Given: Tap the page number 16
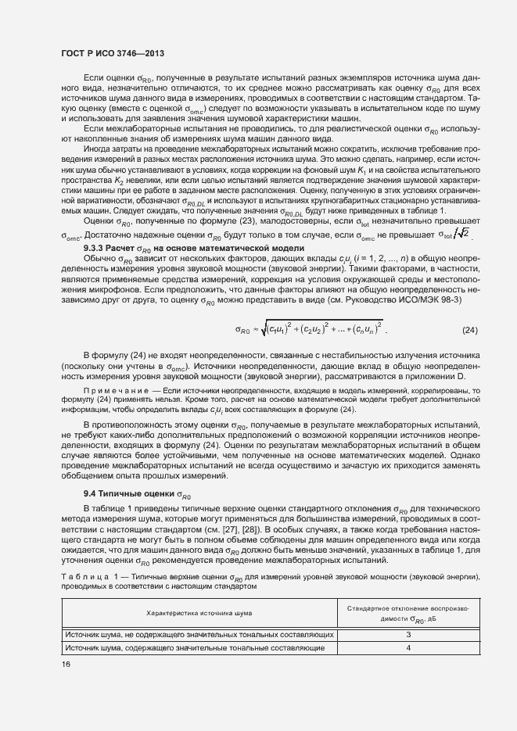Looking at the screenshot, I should [66, 664].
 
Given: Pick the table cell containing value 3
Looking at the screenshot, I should [408, 635].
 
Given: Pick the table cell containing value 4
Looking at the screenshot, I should [408, 648].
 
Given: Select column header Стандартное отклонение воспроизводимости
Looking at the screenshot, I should [408, 614].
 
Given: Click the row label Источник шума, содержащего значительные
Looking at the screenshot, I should [195, 648].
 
